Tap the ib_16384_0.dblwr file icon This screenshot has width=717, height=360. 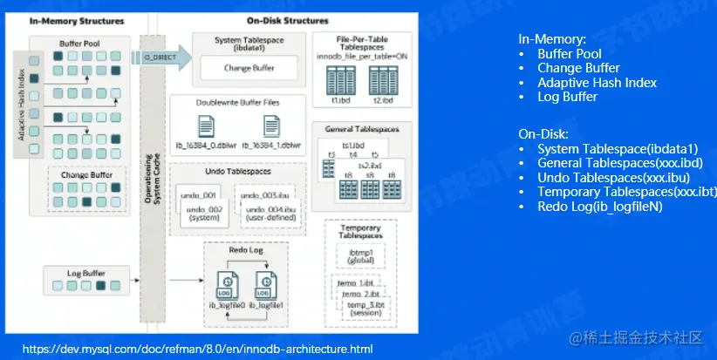(206, 126)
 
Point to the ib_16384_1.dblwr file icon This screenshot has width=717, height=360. (271, 126)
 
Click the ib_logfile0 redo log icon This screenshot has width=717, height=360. (224, 284)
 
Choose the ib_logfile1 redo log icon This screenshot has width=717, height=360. (264, 284)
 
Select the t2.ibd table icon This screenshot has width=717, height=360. (382, 81)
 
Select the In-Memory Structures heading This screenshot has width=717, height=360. (64, 20)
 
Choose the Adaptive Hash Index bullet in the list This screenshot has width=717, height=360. (597, 83)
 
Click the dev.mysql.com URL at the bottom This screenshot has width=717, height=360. (197, 349)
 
